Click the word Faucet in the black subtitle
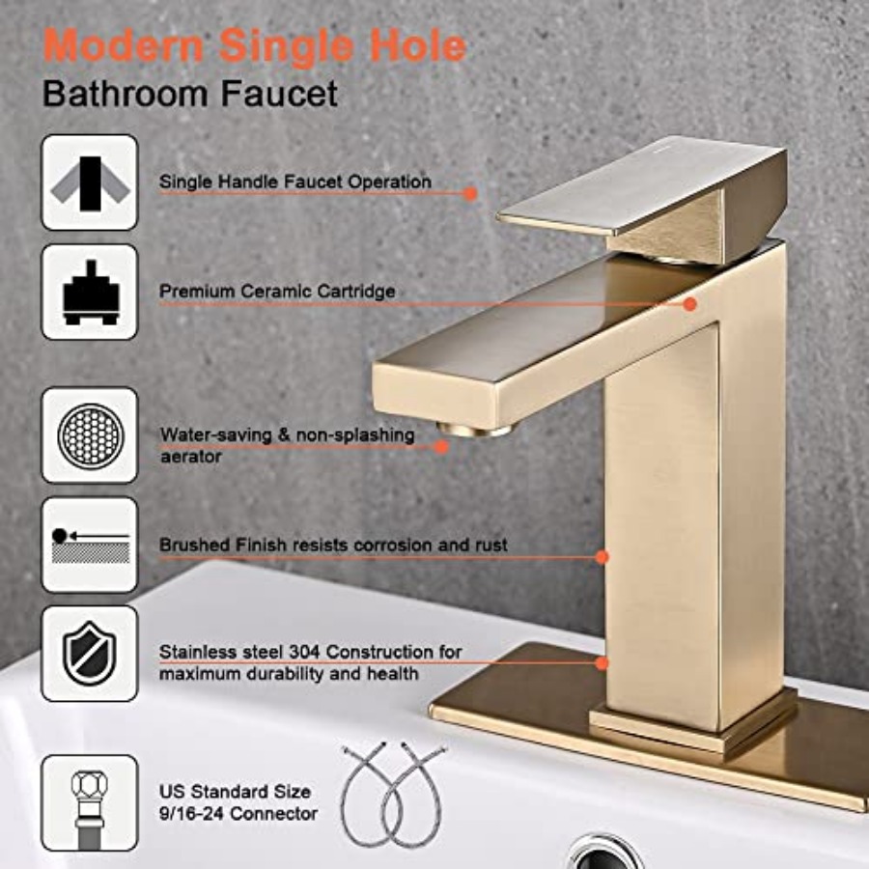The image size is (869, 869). pos(279,94)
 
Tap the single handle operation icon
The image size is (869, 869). pos(90,182)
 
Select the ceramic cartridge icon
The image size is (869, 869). pos(90,292)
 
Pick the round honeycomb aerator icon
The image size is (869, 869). pos(90,435)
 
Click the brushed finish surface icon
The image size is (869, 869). pos(90,545)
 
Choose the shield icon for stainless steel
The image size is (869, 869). pos(90,654)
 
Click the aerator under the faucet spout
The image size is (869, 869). pos(473,430)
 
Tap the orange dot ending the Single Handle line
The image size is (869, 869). pos(470,193)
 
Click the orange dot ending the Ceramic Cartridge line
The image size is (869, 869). pos(690,304)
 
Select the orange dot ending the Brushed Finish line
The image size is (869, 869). pos(603,557)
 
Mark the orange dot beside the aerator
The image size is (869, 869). pos(441,447)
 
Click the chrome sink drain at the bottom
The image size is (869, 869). pos(604,854)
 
